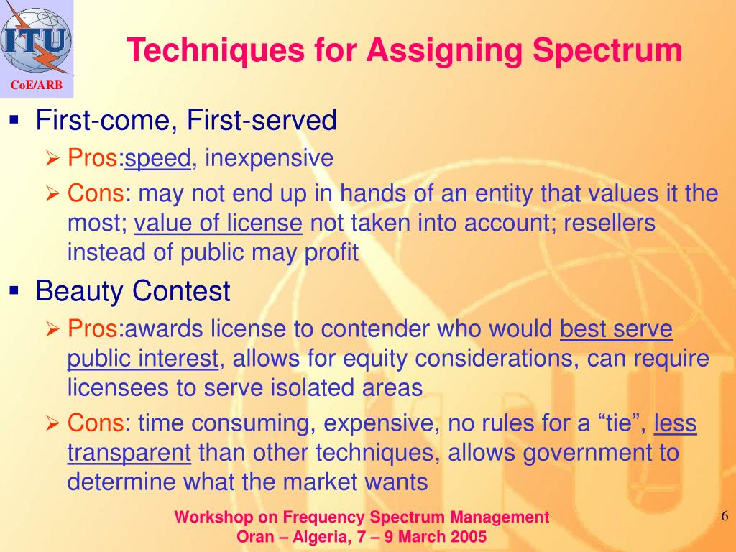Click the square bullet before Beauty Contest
pyautogui.click(x=14, y=290)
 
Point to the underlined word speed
pyautogui.click(x=157, y=158)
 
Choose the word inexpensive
pyautogui.click(x=269, y=158)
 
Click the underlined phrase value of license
pyautogui.click(x=218, y=224)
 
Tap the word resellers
pyautogui.click(x=609, y=224)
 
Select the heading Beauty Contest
pyautogui.click(x=133, y=292)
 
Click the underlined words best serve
pyautogui.click(x=616, y=329)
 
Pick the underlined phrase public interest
pyautogui.click(x=142, y=358)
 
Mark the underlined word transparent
pyautogui.click(x=129, y=454)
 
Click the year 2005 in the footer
pyautogui.click(x=469, y=537)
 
